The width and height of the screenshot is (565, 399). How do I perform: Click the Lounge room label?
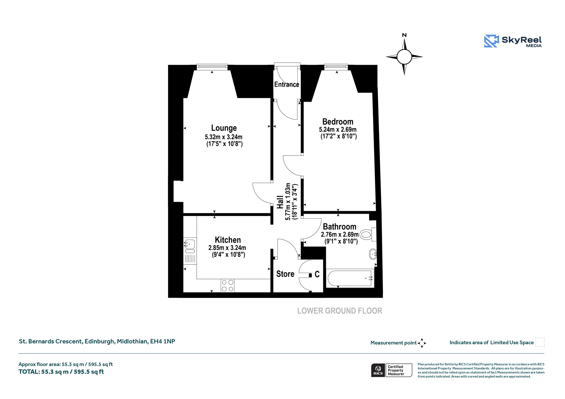(x=224, y=128)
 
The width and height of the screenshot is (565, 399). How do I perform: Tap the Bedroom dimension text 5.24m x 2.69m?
(x=338, y=130)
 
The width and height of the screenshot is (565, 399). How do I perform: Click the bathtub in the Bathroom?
(x=350, y=279)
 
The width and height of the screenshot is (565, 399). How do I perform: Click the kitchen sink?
(x=190, y=246)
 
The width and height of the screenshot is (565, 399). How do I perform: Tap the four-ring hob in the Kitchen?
(x=228, y=286)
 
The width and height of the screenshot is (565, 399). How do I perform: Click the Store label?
(x=285, y=274)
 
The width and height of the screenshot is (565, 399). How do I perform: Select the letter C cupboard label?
(x=317, y=274)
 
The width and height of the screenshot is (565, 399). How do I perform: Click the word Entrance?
(x=287, y=84)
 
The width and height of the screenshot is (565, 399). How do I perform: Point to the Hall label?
(x=280, y=202)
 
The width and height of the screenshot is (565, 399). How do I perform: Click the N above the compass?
(x=404, y=35)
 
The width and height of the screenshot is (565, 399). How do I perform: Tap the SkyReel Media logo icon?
(x=491, y=41)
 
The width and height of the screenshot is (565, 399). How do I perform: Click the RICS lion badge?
(x=378, y=370)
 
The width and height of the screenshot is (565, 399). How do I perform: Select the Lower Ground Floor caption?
(x=340, y=311)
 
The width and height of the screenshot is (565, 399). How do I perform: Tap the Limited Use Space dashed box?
(x=540, y=342)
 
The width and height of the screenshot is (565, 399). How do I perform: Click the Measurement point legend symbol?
(x=422, y=343)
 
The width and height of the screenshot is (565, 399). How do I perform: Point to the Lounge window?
(x=212, y=66)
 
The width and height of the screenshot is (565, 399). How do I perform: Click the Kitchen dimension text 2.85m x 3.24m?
(x=227, y=248)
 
